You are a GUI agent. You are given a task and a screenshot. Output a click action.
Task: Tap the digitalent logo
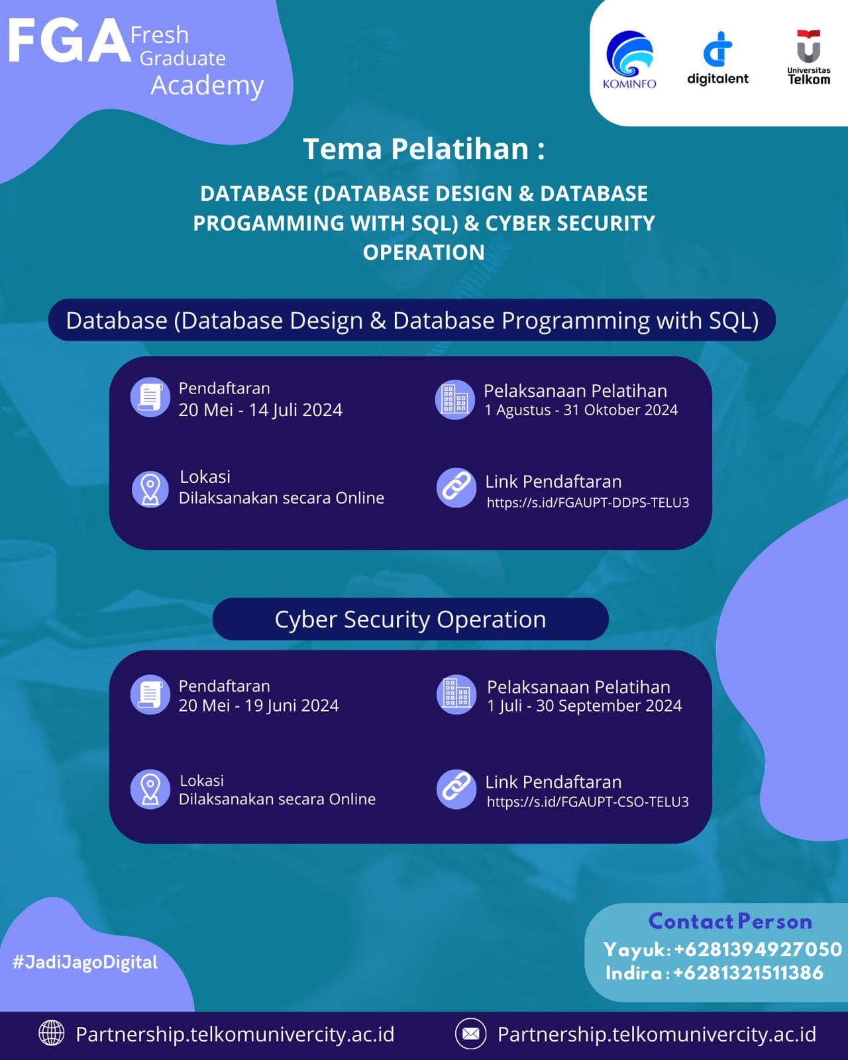tap(717, 58)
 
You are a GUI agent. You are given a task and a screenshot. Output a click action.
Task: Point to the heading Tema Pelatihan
tap(423, 148)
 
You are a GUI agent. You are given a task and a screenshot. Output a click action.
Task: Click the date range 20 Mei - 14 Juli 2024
tap(260, 410)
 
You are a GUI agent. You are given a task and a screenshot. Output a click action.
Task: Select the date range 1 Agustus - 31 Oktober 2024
tap(581, 410)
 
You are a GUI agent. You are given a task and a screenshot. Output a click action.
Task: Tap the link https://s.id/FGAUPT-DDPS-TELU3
tap(588, 502)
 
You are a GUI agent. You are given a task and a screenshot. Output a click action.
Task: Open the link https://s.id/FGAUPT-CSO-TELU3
tap(588, 802)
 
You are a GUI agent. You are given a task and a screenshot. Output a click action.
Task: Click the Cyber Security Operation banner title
tap(410, 619)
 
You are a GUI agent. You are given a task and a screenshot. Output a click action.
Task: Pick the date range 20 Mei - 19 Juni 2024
tap(258, 706)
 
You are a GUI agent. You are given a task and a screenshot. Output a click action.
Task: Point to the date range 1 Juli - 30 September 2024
tap(584, 706)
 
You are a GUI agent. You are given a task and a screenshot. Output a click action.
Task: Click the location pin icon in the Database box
tap(150, 489)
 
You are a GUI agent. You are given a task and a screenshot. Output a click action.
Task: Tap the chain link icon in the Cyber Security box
tap(456, 788)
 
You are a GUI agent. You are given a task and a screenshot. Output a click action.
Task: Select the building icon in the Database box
tap(455, 399)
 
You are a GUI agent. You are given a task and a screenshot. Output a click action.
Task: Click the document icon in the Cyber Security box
tap(150, 694)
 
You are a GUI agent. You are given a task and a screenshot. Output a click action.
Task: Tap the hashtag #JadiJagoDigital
tap(85, 962)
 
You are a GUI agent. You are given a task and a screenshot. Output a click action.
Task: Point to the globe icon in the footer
tap(52, 1033)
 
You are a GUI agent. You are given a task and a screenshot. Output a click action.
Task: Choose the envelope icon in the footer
tap(471, 1033)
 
